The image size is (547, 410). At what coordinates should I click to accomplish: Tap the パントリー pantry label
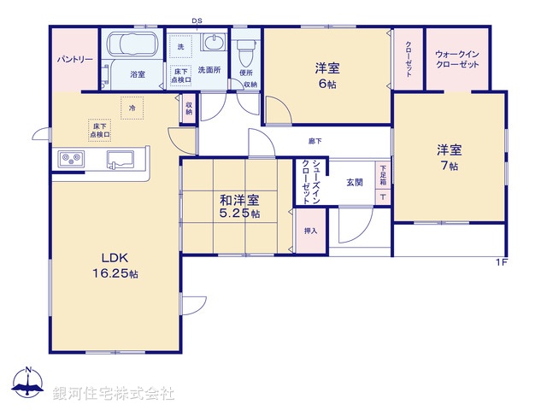pos(75,61)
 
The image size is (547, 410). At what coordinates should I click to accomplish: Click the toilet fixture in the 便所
pos(247,51)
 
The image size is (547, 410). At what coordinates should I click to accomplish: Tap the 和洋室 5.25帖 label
pos(240,207)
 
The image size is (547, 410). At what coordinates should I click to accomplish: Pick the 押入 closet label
pos(311,231)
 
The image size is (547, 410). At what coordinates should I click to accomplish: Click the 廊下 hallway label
pos(315,141)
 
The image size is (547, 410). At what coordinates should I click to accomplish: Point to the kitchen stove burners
pos(71,159)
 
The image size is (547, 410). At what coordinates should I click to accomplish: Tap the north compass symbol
pos(28,384)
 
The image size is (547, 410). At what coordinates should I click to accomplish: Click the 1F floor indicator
pos(501,261)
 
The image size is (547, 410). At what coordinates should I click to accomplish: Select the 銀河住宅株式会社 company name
pos(113,393)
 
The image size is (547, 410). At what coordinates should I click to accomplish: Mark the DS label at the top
pos(197,20)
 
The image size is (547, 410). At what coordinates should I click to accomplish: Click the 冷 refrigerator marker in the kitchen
pos(132,108)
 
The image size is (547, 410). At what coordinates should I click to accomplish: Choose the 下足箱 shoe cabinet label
pos(384,176)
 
